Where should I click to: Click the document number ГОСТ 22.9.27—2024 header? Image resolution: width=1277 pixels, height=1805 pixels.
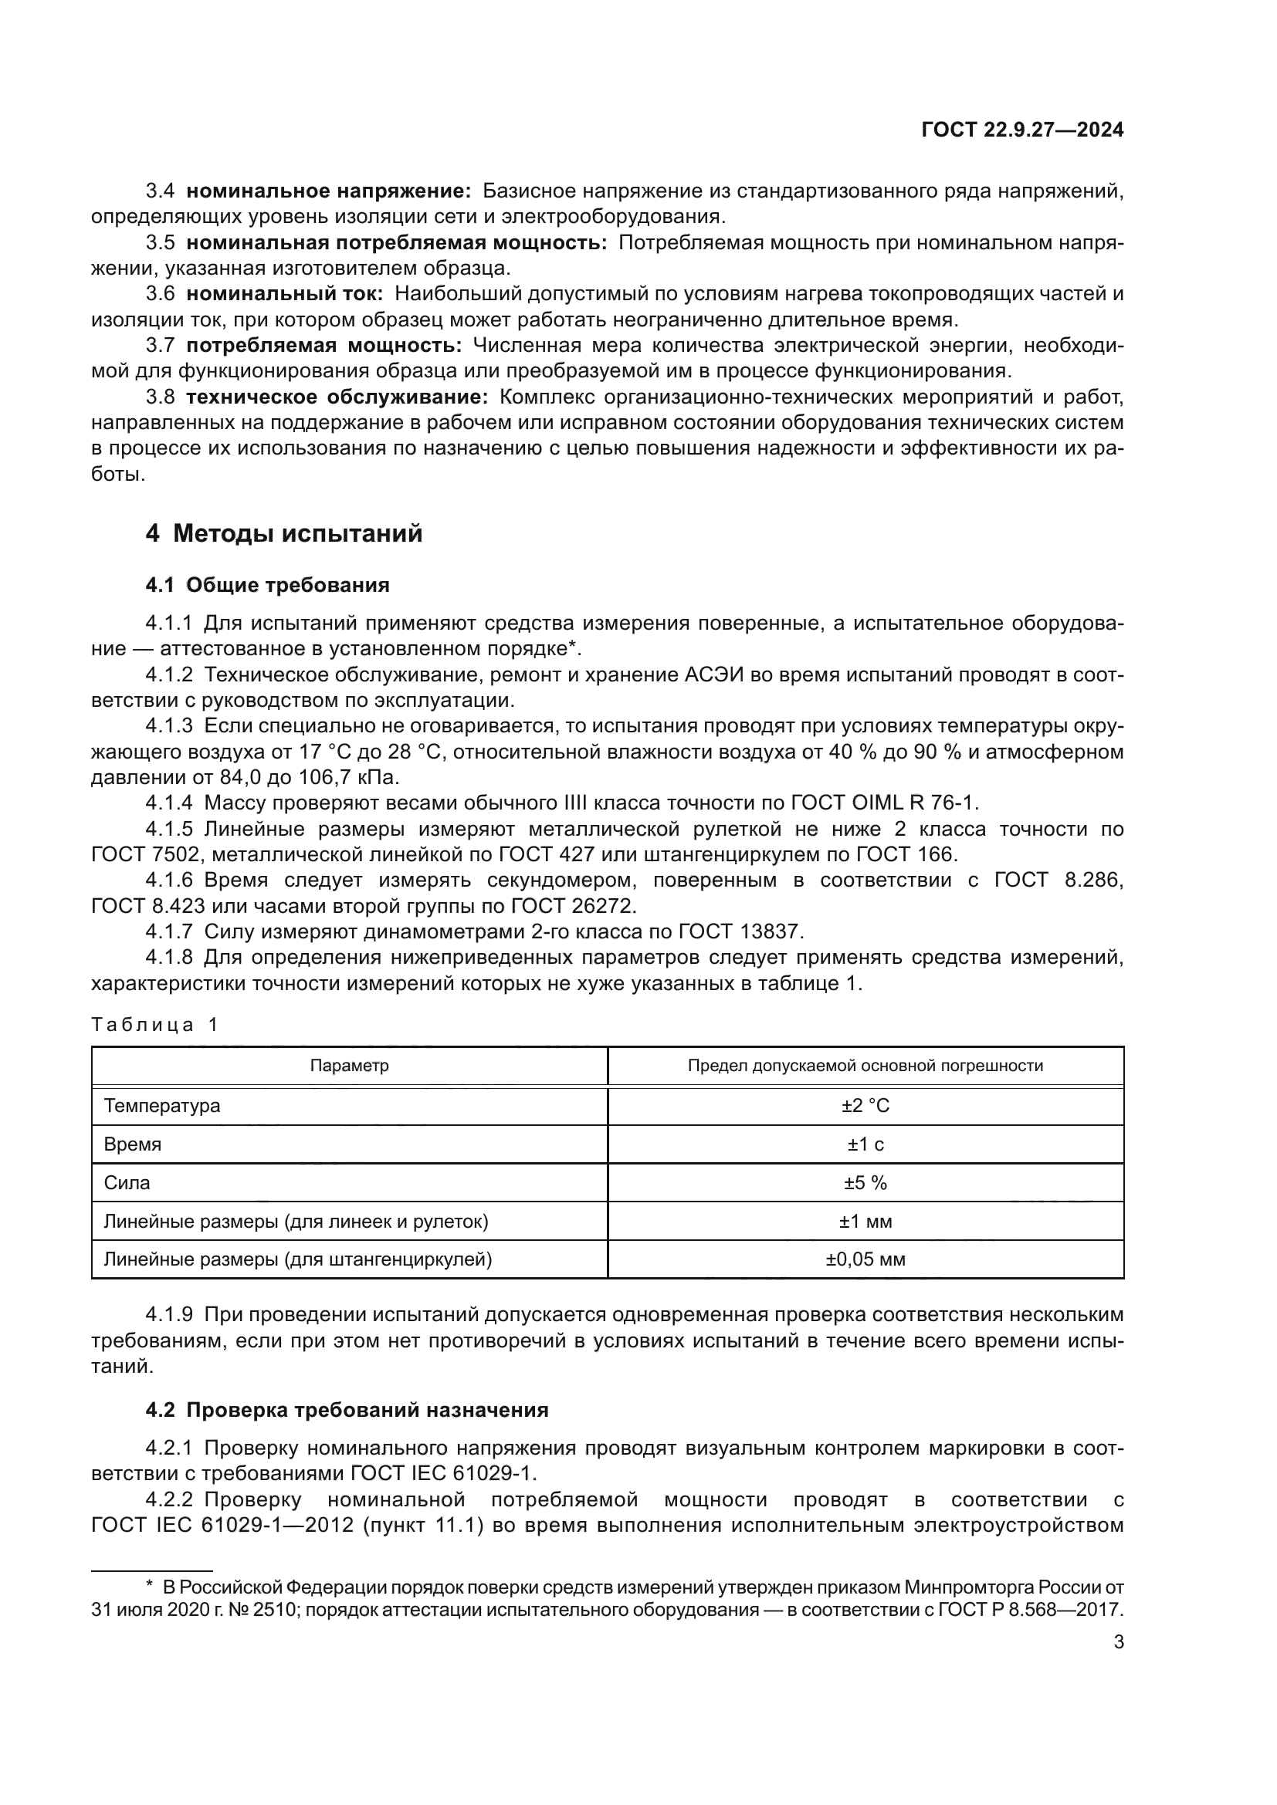click(x=1021, y=130)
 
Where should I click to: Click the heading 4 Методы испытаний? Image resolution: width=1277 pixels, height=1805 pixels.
click(x=284, y=534)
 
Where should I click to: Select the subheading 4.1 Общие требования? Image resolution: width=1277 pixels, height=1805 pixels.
click(x=267, y=585)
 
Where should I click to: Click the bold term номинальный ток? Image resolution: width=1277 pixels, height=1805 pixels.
click(x=284, y=294)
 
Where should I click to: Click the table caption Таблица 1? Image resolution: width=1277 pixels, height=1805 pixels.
click(x=155, y=1024)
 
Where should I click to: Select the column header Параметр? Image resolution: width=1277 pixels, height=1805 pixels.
click(x=349, y=1066)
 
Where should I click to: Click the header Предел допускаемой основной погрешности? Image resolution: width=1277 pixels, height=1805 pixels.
click(x=865, y=1066)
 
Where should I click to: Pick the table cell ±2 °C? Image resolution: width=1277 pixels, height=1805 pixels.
click(x=865, y=1106)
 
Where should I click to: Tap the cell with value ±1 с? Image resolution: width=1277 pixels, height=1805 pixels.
click(x=865, y=1144)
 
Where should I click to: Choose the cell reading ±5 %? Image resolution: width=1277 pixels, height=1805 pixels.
click(x=865, y=1183)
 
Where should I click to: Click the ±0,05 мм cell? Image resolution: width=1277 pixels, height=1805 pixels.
click(x=865, y=1259)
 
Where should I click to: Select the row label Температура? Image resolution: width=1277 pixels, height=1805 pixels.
click(x=162, y=1106)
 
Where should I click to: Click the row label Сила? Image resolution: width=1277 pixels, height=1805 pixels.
click(x=127, y=1183)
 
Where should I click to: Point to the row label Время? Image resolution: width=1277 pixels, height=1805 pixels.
click(x=132, y=1144)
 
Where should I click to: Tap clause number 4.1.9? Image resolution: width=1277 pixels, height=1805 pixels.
click(x=169, y=1314)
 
